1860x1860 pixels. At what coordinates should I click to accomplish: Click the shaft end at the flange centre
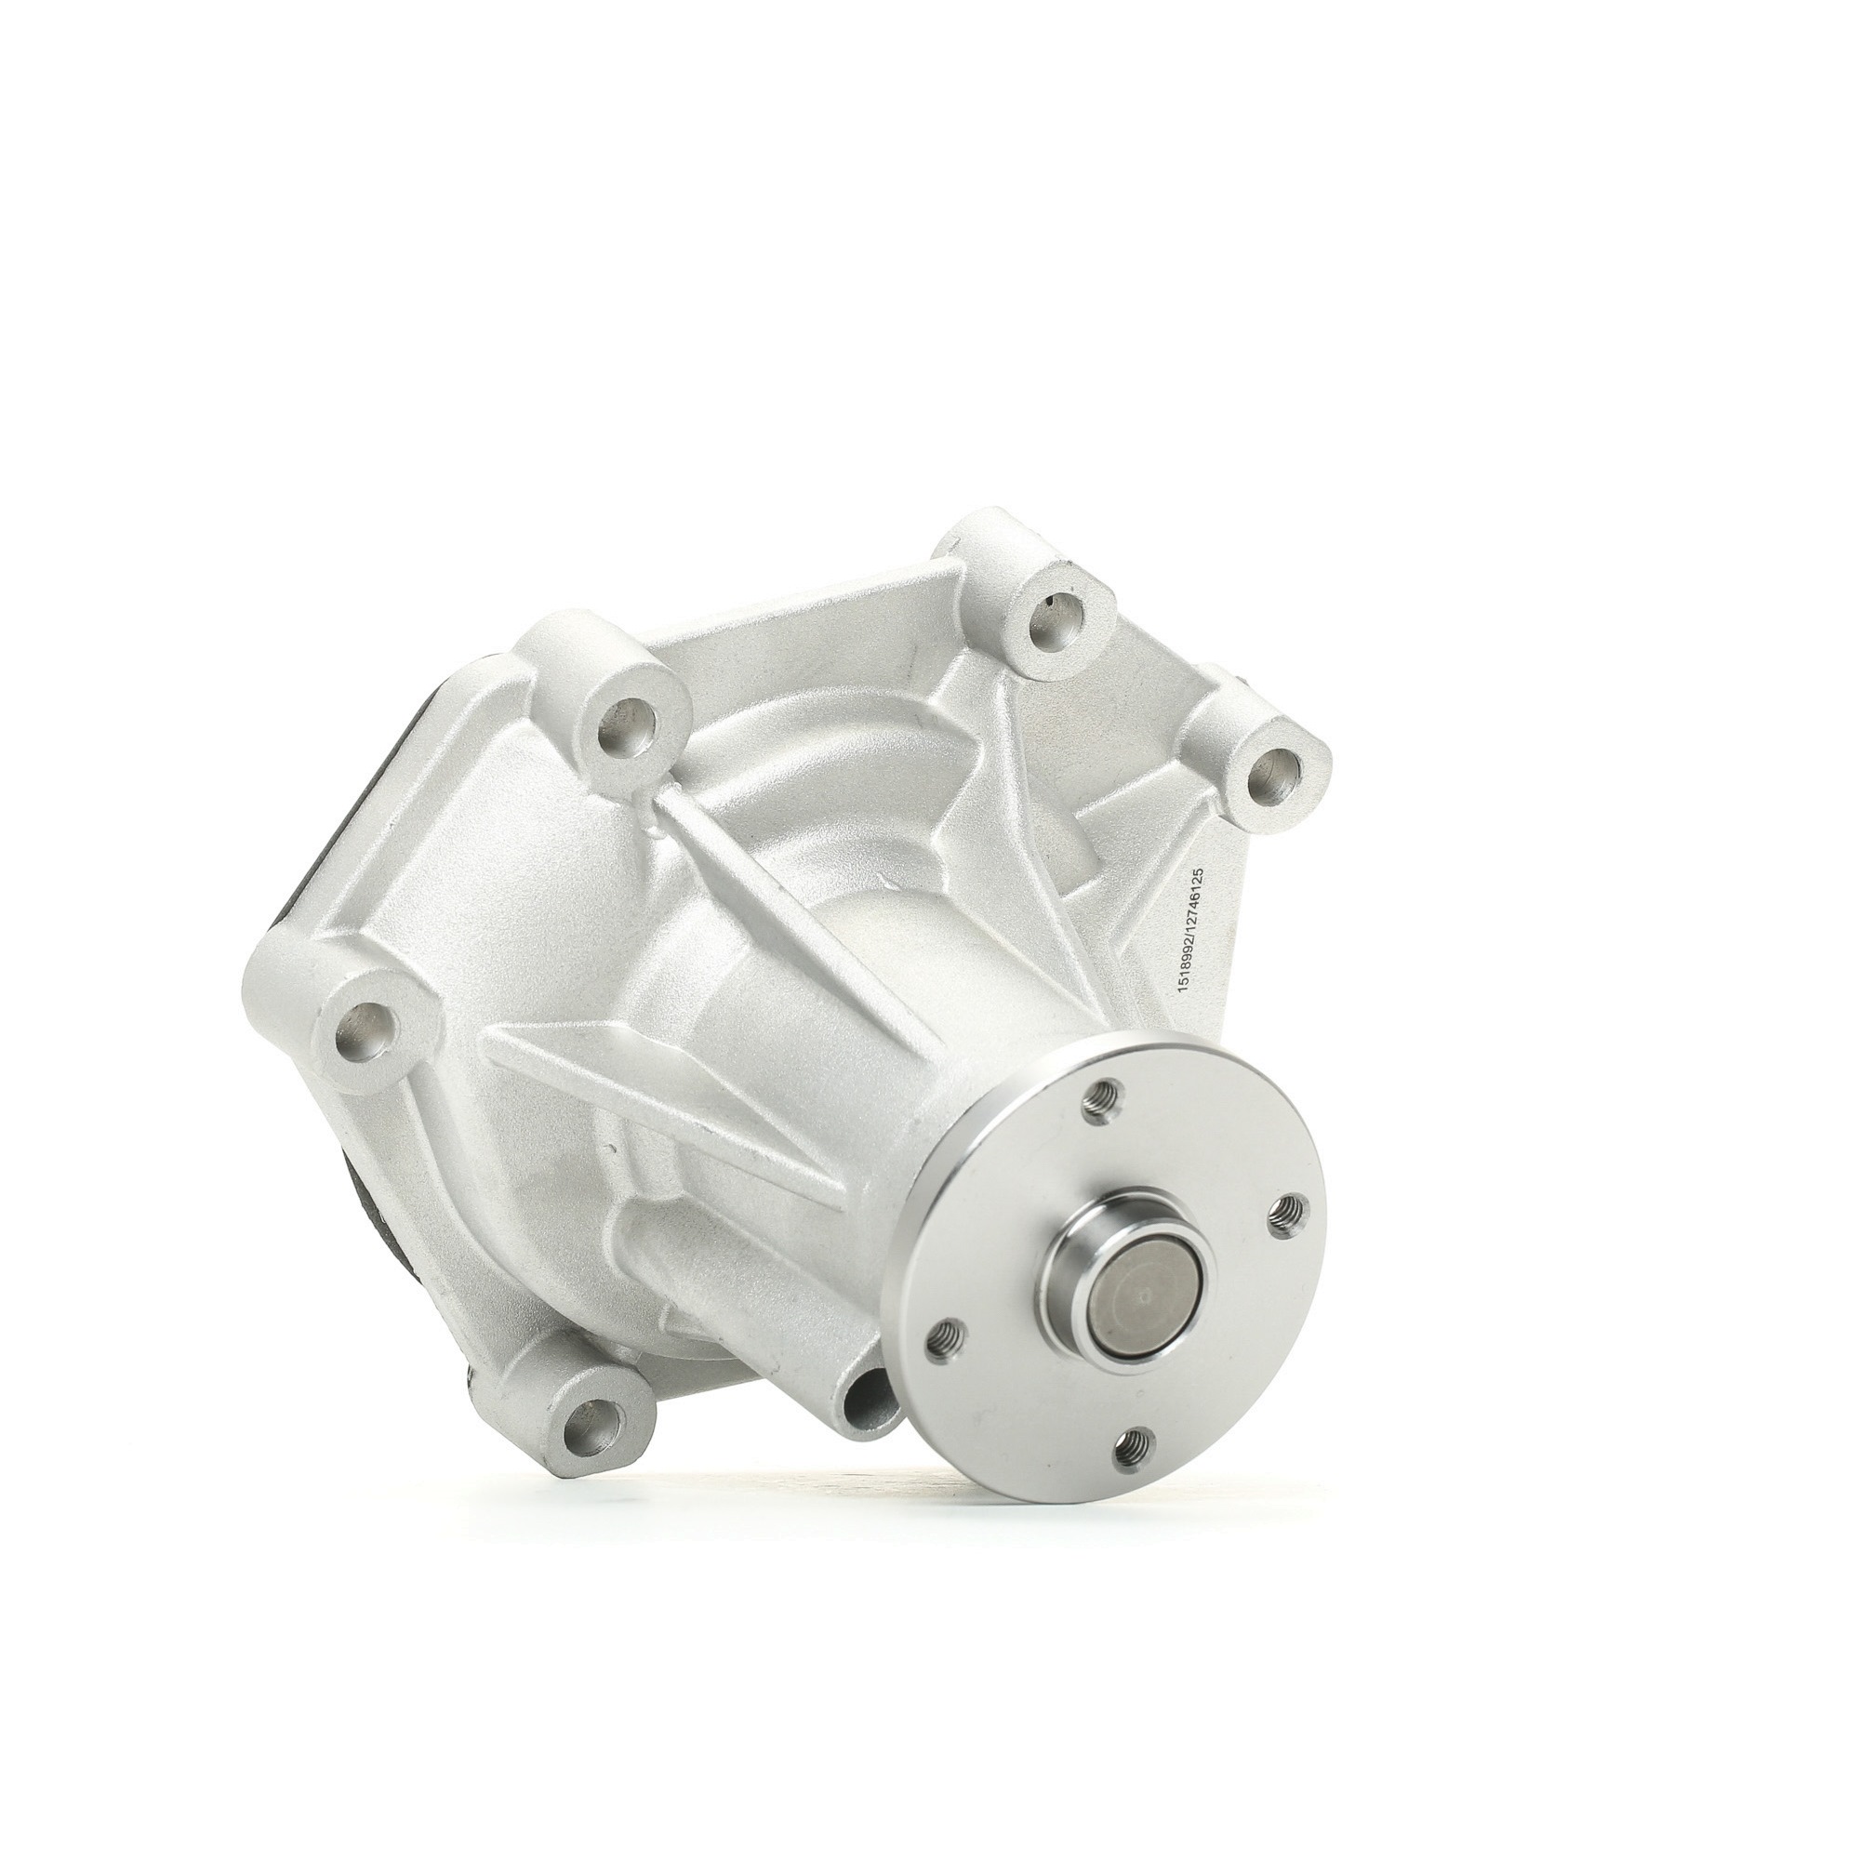[x=1144, y=1294]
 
